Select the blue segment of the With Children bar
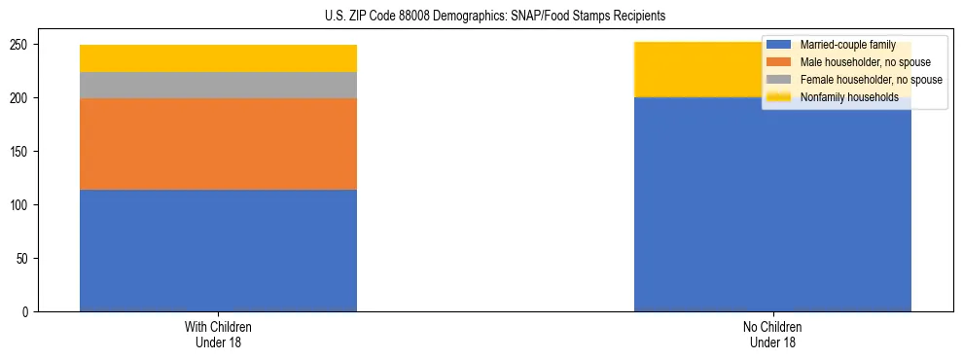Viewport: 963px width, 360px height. pos(218,250)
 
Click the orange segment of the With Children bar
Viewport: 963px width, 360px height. pos(218,144)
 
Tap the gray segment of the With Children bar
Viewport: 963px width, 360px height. pos(218,86)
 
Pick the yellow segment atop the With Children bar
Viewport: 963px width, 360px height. pos(218,58)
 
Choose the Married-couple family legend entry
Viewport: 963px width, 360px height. pos(845,45)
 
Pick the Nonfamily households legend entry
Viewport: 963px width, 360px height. pos(848,97)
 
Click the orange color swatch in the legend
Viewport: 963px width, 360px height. pos(779,62)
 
